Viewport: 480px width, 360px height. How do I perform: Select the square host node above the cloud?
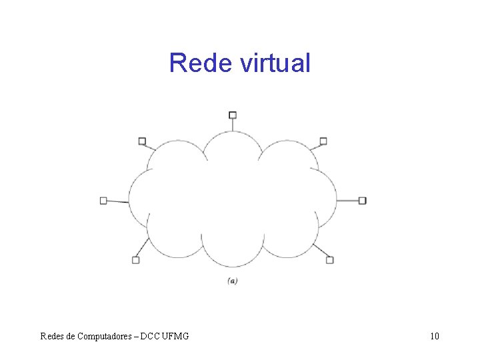coord(233,115)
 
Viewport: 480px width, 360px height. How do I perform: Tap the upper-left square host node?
coord(142,141)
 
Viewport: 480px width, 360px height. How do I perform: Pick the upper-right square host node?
coord(323,141)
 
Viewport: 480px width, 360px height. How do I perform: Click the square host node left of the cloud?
coord(103,200)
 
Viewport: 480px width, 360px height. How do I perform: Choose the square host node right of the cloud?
coord(363,200)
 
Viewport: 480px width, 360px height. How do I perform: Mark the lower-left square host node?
coord(135,260)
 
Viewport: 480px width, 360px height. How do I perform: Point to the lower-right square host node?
coord(329,260)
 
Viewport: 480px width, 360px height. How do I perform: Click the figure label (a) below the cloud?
coord(232,281)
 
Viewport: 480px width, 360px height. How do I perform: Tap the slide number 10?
coord(435,336)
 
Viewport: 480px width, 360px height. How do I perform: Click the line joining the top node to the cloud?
coord(233,125)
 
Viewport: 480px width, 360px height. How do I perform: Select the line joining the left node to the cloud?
coord(118,201)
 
